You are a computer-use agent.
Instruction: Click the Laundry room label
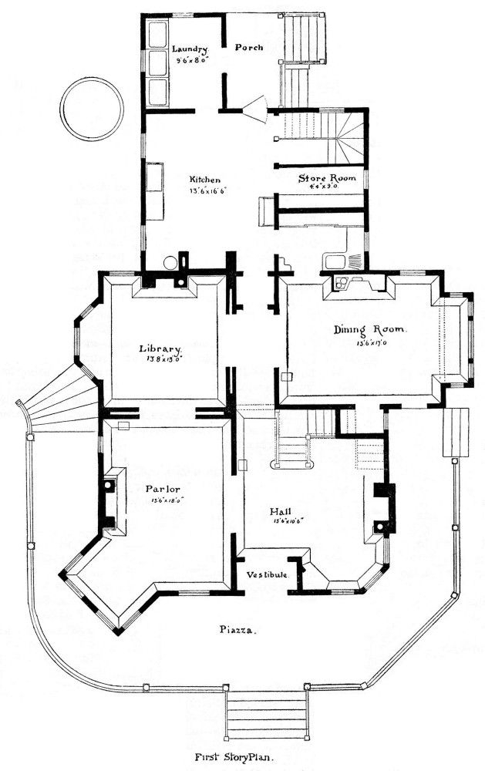click(185, 47)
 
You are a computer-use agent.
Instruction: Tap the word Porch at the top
click(249, 47)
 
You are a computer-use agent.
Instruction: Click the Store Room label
click(327, 177)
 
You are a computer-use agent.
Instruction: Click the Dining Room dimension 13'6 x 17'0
click(370, 342)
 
